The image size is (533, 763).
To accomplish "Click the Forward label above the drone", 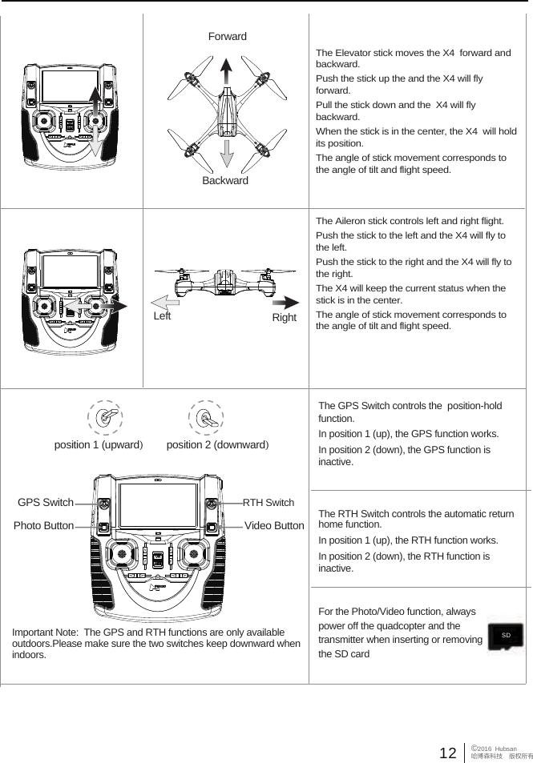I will click(x=228, y=37).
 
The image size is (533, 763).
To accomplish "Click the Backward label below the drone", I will click(x=225, y=181).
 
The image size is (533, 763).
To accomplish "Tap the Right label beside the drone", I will click(x=284, y=318).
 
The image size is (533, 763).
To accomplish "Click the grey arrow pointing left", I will click(x=169, y=300).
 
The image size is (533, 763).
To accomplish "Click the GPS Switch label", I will click(x=46, y=503).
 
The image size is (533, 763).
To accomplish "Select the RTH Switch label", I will click(x=269, y=503).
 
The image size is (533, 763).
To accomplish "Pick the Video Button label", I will click(x=273, y=526).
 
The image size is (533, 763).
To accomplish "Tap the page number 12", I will click(x=448, y=753).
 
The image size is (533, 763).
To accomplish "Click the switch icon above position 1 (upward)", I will click(x=104, y=418).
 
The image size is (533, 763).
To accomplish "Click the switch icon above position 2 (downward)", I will click(x=205, y=418).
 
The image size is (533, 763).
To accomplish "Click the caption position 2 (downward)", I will click(x=217, y=444).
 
